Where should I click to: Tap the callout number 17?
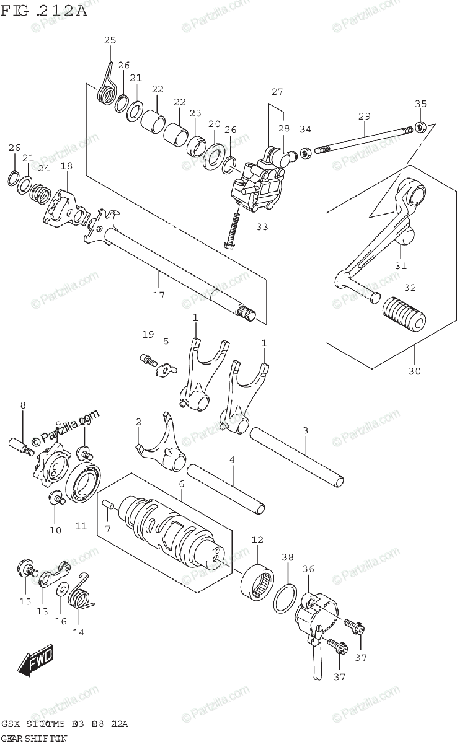[159, 295]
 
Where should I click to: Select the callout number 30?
[415, 371]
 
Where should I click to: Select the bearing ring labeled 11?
[81, 483]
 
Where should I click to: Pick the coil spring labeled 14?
[82, 595]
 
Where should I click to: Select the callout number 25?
[110, 40]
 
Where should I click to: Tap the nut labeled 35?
[420, 128]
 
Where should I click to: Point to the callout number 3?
[306, 430]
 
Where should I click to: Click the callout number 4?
[232, 460]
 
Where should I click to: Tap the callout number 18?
[66, 166]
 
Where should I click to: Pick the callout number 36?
[308, 569]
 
